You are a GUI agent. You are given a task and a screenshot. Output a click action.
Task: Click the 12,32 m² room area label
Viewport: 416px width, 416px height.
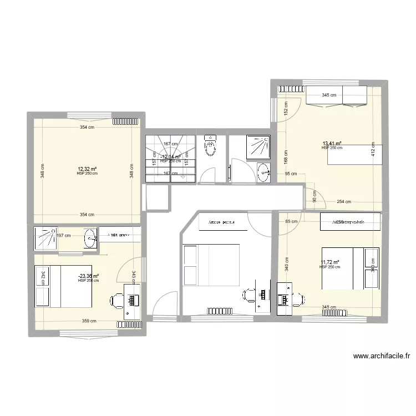pos(87,169)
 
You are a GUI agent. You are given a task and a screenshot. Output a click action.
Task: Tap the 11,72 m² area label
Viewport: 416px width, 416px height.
pos(330,263)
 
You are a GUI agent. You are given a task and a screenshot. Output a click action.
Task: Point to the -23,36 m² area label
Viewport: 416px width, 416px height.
pos(89,276)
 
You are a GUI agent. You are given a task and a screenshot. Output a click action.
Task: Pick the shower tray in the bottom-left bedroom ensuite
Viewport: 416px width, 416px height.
pos(43,238)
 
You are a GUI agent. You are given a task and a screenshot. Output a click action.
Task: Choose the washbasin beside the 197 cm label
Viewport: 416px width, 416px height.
pos(90,239)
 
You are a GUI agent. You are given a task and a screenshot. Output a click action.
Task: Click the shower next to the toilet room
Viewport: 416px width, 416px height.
pos(256,145)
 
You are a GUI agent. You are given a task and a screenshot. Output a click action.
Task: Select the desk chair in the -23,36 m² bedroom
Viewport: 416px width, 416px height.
pos(117,300)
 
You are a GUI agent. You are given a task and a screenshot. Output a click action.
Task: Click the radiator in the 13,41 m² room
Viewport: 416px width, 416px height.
pos(291,89)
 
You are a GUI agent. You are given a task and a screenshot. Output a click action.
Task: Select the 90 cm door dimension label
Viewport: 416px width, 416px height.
pos(314,196)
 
